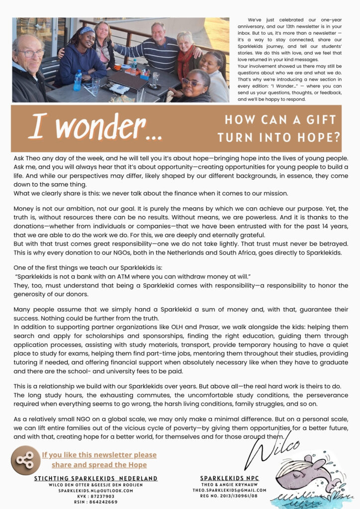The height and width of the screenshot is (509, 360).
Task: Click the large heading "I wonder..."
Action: coord(94,128)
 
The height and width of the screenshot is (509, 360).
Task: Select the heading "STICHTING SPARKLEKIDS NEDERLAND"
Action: coord(96,478)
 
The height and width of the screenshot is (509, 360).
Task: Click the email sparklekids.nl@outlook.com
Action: coord(96,490)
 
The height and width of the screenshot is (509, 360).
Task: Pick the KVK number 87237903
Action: coord(96,496)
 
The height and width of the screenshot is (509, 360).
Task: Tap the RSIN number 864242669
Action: coord(96,502)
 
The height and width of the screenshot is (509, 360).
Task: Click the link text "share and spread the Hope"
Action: coord(99,465)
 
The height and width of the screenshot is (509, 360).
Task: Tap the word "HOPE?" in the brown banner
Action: coord(318,137)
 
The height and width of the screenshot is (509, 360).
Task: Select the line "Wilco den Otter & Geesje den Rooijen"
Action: coord(96,484)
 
